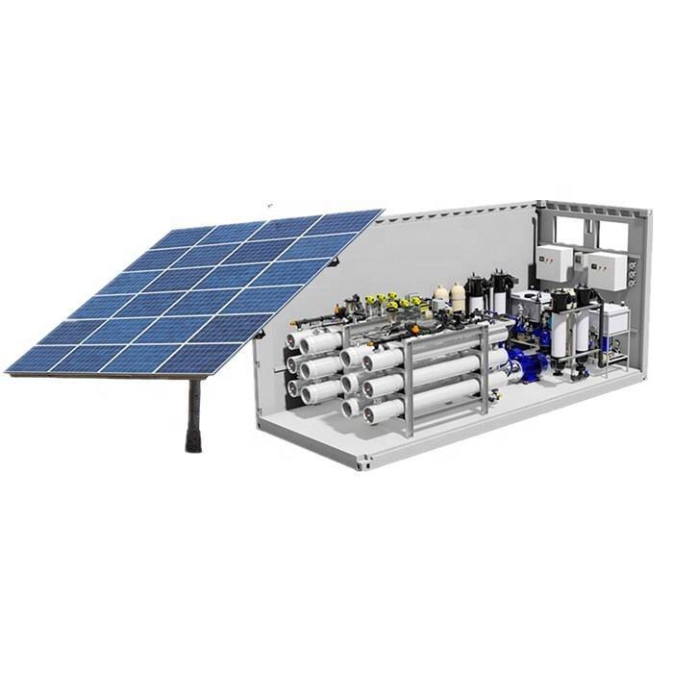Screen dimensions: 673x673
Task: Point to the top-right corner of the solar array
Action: point(382,211)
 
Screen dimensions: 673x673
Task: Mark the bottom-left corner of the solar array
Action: point(8,370)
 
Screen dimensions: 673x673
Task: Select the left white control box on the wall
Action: point(552,262)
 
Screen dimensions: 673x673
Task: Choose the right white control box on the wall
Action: point(606,270)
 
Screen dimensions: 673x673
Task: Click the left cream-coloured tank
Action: point(441,295)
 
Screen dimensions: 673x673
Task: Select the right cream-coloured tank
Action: point(458,297)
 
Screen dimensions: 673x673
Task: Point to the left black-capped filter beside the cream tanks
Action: point(476,293)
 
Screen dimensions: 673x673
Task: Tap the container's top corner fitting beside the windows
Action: point(542,206)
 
